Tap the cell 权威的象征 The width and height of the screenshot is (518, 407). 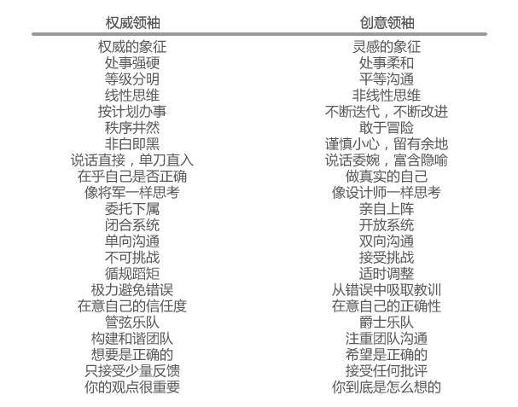click(132, 47)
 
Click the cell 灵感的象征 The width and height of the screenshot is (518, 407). click(387, 47)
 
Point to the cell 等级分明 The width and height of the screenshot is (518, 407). click(132, 79)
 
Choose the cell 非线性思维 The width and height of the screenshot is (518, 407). click(387, 96)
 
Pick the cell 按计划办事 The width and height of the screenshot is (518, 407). click(132, 112)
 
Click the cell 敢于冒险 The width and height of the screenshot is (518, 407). click(387, 128)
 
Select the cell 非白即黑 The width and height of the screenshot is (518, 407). click(132, 144)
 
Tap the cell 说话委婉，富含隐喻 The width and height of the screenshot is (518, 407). click(387, 160)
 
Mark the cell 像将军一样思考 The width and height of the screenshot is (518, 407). click(132, 193)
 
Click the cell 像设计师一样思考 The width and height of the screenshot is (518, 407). click(387, 193)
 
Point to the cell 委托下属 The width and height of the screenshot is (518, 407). click(132, 209)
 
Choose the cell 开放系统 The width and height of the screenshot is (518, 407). click(387, 225)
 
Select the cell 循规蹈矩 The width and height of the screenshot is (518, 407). click(132, 274)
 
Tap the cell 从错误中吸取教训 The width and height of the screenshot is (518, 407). click(387, 290)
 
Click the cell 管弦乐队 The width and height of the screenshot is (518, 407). click(132, 323)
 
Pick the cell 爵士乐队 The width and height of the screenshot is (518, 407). click(387, 323)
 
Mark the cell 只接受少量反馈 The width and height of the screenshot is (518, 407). click(132, 371)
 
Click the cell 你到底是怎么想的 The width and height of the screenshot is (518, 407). click(387, 387)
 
